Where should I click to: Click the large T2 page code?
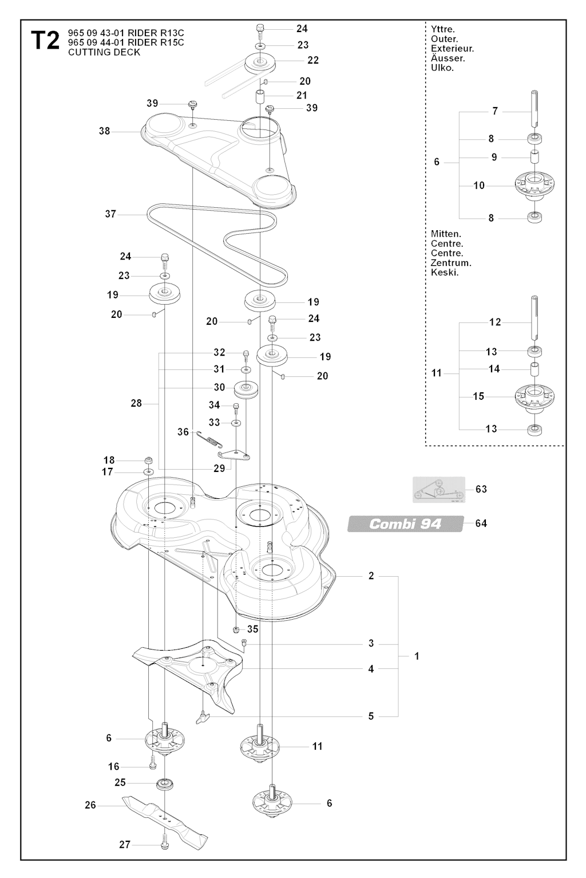(45, 41)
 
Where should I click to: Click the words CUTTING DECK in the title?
(104, 53)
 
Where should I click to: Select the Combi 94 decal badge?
(405, 523)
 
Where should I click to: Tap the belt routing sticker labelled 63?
(439, 490)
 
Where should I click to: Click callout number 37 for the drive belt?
(110, 214)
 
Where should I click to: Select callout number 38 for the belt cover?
(104, 131)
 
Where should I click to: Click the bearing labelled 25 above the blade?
(165, 783)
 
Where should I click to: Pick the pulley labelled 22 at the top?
(260, 62)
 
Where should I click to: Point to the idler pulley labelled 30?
(247, 392)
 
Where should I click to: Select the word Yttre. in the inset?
(443, 29)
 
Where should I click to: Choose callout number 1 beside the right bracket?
(417, 656)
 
